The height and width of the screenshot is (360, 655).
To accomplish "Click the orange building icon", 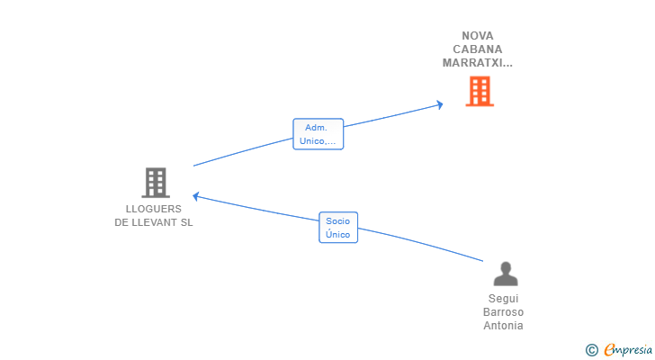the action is pos(480,92).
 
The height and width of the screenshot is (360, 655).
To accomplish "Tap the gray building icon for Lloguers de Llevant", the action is pos(156,183).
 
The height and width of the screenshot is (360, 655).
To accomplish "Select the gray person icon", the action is pos(506,274).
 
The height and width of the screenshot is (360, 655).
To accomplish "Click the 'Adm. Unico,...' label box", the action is pos(319,134).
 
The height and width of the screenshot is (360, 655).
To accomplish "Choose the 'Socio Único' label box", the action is pos(338,228).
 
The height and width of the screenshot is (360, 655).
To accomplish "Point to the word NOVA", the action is pos(478,36).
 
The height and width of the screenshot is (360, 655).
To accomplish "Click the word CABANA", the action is pos(478,49).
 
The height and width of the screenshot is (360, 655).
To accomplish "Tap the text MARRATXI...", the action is pos(473,63).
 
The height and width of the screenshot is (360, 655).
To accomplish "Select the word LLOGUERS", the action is pos(154,209).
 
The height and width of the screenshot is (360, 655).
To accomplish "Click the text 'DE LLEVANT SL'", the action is pos(154,222).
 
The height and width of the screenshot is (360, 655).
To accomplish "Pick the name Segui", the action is pos(503,299).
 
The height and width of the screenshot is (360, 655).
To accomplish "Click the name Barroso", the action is pos(503,312).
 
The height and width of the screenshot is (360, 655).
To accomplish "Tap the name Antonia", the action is pos(503,326).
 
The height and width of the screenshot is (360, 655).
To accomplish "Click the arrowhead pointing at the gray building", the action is pos(195,196).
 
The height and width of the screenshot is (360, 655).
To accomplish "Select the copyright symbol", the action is pos(591,350).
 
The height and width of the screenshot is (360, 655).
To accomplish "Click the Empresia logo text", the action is pos(628,350).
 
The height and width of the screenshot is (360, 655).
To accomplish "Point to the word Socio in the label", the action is pos(338,220).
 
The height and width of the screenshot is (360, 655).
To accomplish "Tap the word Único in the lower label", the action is pos(338,234).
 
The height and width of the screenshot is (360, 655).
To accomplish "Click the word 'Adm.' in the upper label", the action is pos(316,128).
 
